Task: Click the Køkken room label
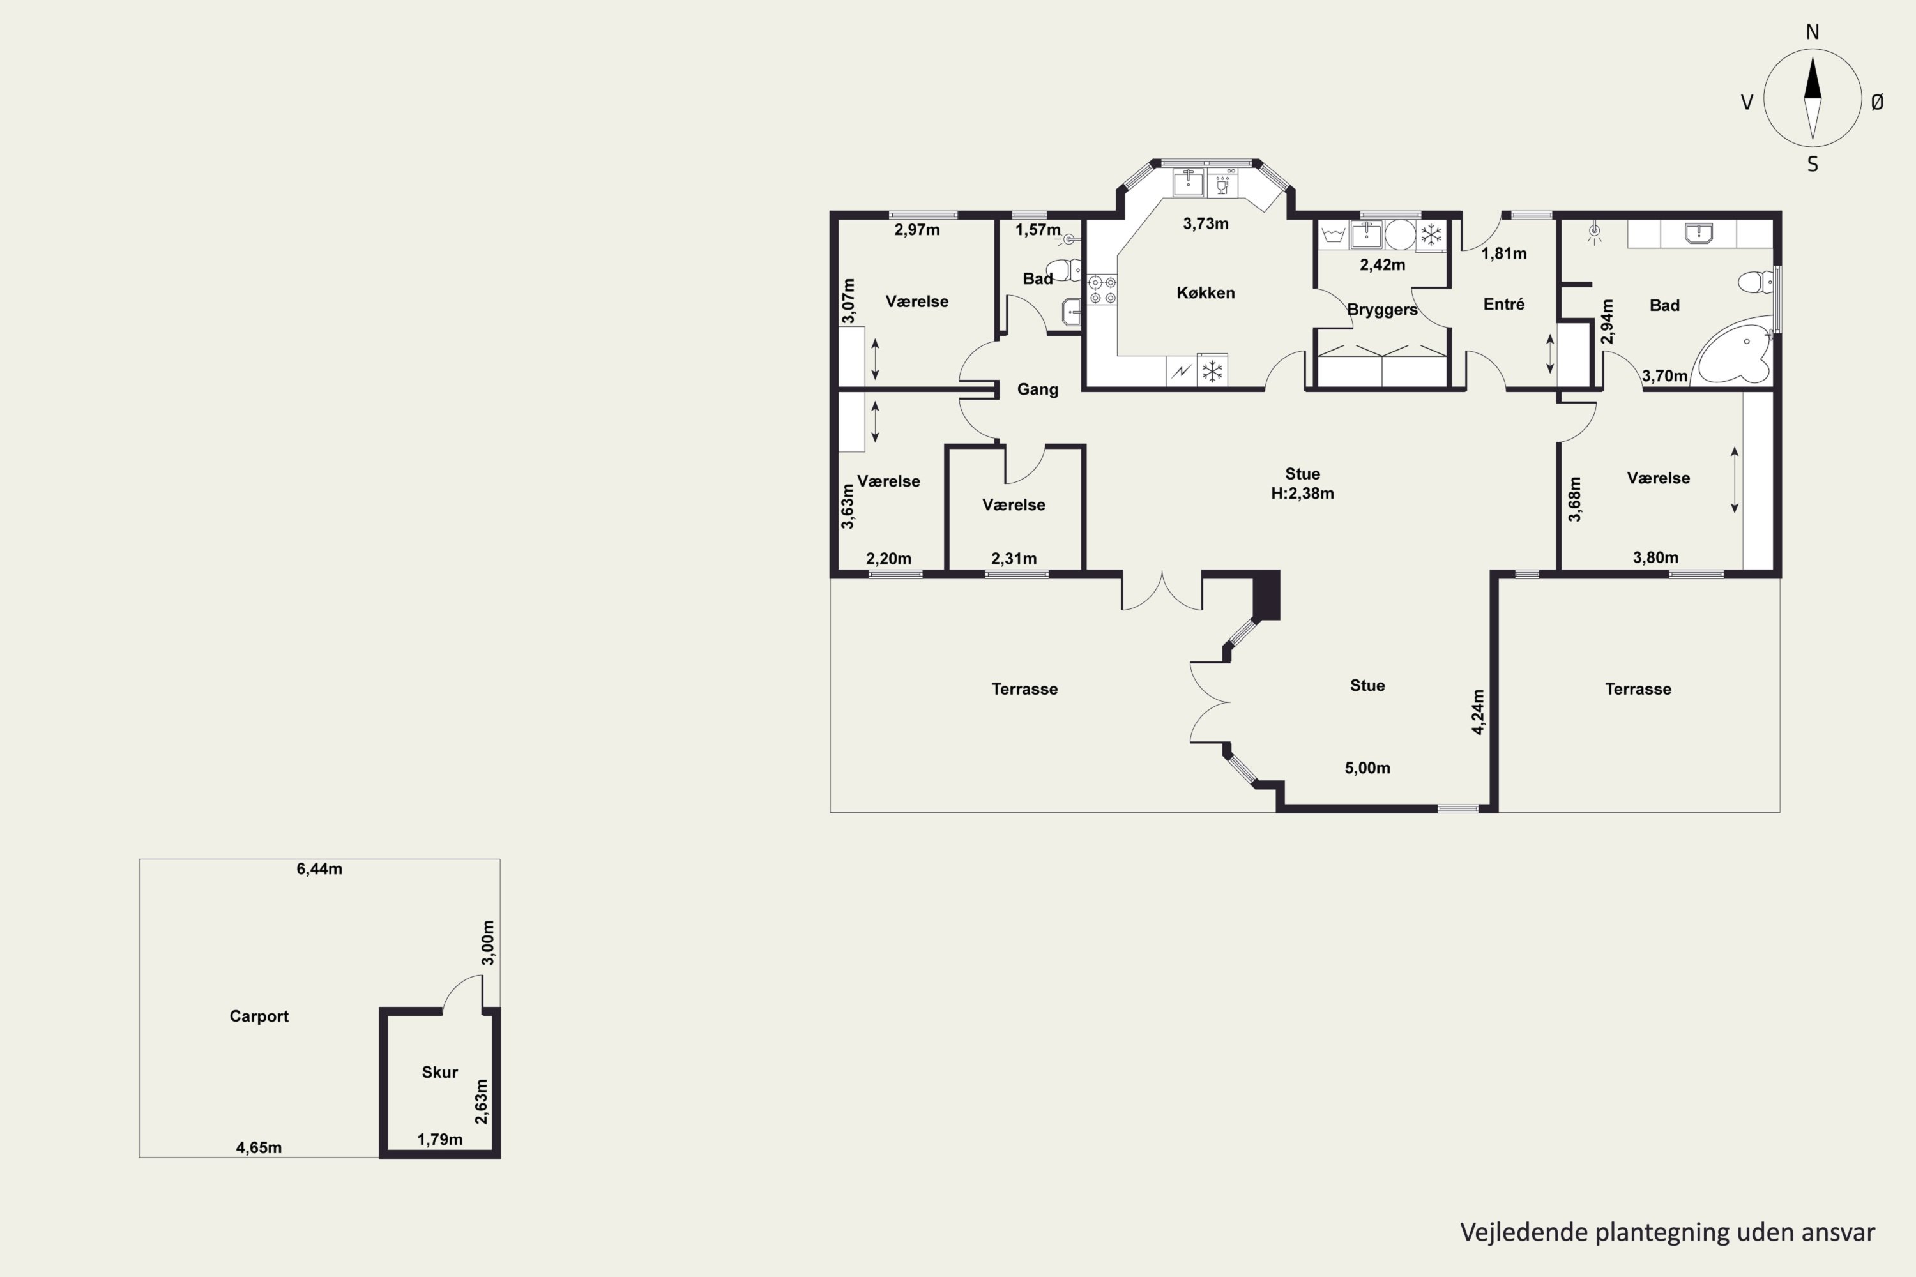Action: coord(1206,293)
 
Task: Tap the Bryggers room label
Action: coord(1383,310)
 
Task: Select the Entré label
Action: coord(1504,304)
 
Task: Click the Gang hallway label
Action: coord(1038,390)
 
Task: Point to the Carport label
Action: coord(259,1016)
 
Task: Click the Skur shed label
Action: coord(440,1073)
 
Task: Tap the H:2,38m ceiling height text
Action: coord(1303,494)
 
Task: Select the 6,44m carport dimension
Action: coord(319,869)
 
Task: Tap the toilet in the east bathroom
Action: coord(1756,282)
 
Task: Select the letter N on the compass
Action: coord(1813,33)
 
